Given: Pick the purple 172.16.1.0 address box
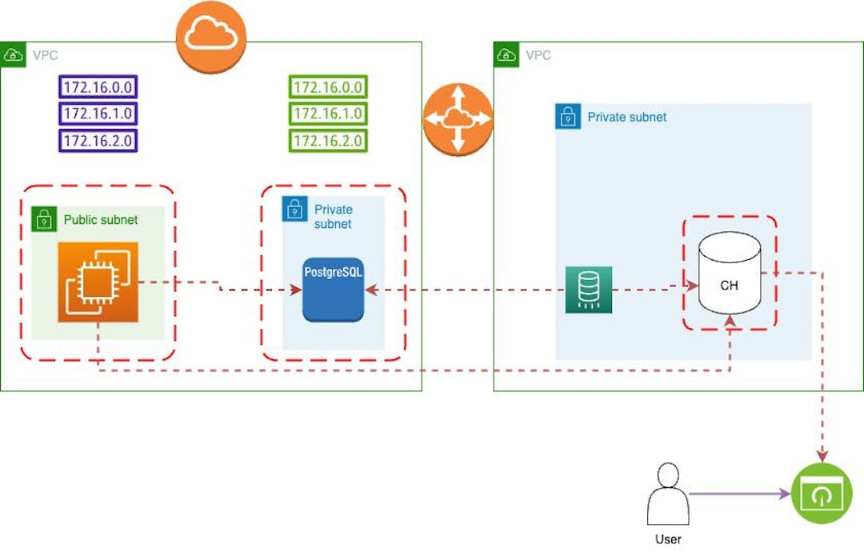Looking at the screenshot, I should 98,114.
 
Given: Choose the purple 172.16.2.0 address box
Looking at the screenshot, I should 98,141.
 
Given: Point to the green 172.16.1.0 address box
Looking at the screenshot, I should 329,114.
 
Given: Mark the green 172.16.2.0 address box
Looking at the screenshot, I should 329,141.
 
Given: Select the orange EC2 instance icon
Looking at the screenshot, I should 98,282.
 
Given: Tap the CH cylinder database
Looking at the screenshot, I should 729,274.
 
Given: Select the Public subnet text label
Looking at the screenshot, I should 101,220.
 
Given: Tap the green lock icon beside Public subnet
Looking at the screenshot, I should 42,219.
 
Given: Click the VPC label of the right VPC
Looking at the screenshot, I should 538,56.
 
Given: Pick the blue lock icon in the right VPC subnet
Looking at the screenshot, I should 567,117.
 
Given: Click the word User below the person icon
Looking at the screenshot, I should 668,539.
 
